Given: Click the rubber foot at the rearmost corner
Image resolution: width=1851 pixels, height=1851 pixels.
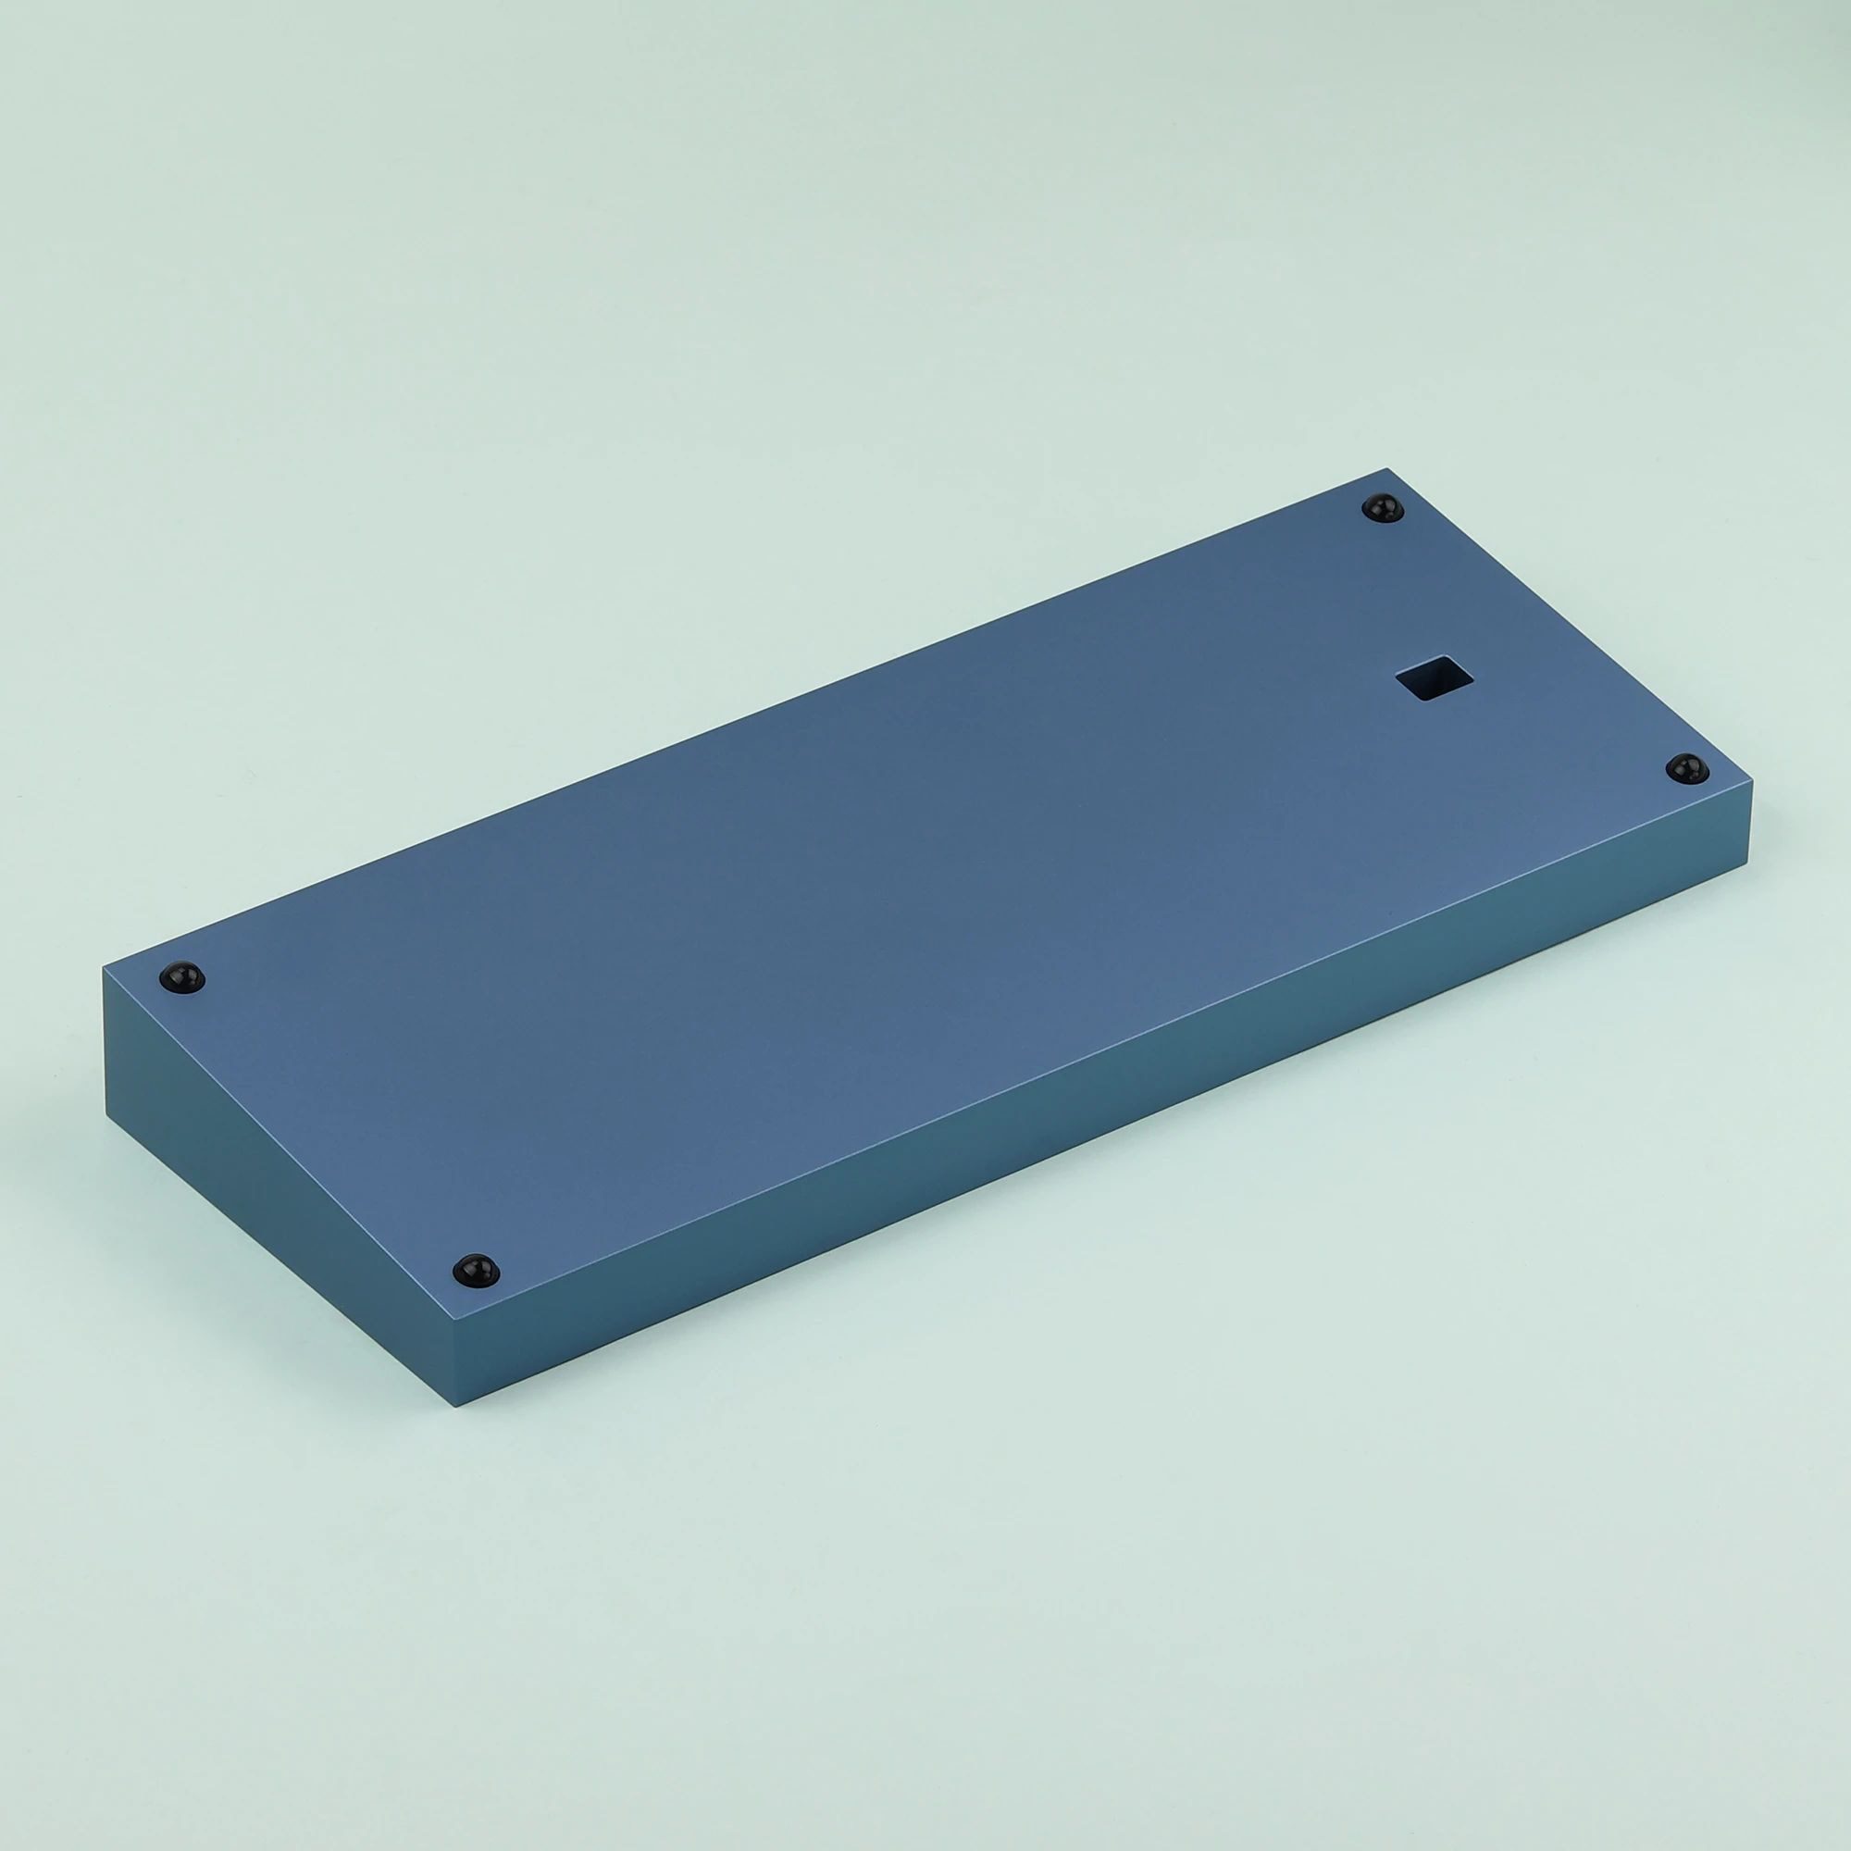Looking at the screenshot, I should pyautogui.click(x=1382, y=508).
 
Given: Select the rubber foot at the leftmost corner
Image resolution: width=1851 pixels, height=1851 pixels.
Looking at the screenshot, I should pyautogui.click(x=182, y=977).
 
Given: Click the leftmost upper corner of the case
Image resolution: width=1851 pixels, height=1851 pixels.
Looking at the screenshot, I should pyautogui.click(x=104, y=970).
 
